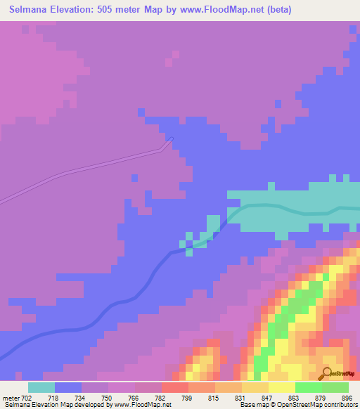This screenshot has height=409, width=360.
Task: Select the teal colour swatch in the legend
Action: (x=41, y=387)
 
